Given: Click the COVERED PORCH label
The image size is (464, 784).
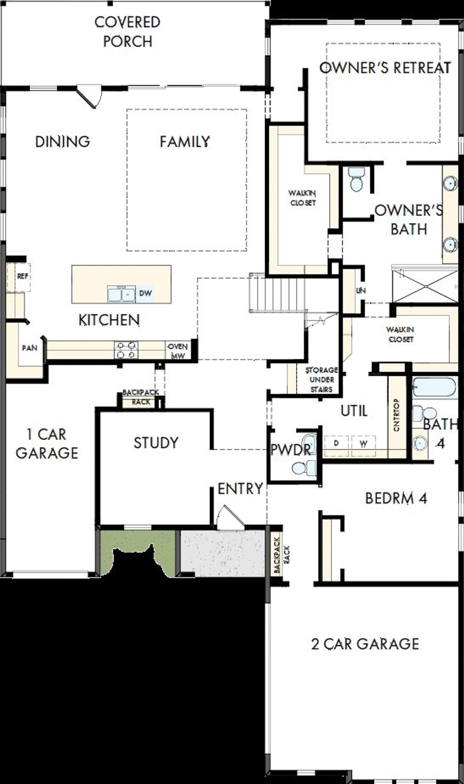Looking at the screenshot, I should tap(127, 32).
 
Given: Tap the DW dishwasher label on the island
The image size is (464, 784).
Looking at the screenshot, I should tap(145, 293).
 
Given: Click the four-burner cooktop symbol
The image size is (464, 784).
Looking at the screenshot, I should tap(126, 350).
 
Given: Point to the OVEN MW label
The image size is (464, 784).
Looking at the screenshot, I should tap(178, 351).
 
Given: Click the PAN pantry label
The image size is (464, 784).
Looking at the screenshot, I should tap(29, 348).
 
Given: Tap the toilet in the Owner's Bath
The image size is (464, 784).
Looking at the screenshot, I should tap(357, 180).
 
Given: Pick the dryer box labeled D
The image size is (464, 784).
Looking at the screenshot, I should tap(336, 443).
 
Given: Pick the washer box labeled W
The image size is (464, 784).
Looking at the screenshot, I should tap(364, 443).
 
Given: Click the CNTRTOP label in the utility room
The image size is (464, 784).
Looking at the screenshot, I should tap(396, 415).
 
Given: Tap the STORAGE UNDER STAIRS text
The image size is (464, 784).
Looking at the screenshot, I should tap(321, 380).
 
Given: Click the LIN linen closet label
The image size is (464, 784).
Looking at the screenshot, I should tap(361, 290).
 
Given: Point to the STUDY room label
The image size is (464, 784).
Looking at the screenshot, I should tap(156, 443).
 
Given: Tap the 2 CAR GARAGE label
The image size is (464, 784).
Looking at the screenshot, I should tap(365, 644).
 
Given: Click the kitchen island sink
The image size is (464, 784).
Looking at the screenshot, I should tap(121, 294).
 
